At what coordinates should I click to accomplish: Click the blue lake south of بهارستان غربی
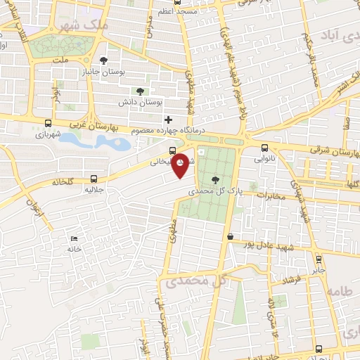point(95,141)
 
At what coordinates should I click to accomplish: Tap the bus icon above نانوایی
point(264,148)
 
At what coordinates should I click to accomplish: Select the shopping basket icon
point(230,237)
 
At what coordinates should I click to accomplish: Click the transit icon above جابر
point(319,258)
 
